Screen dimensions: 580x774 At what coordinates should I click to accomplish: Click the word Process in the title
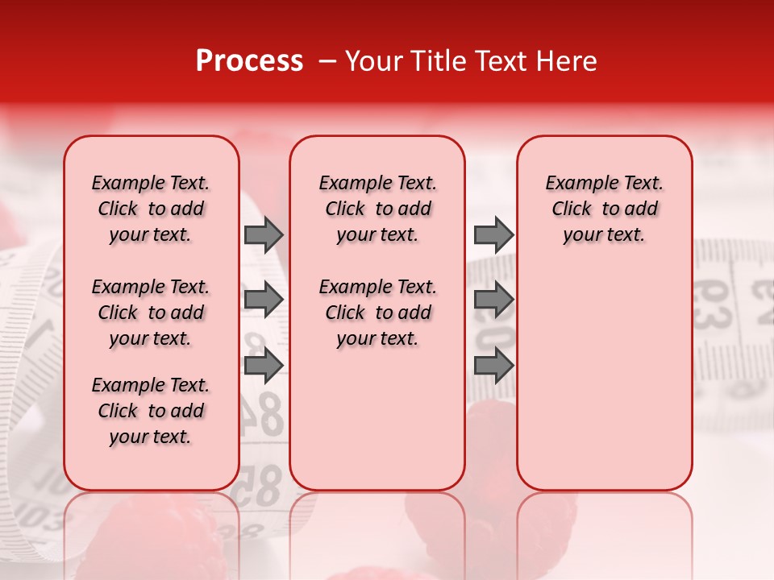pos(249,61)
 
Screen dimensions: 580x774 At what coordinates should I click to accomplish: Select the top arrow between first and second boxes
pos(264,235)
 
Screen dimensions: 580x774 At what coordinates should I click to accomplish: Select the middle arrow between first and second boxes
pos(264,299)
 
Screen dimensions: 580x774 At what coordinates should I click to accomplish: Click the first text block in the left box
pos(151,209)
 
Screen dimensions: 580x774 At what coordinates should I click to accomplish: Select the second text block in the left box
pos(151,313)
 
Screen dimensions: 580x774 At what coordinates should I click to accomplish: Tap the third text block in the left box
pos(151,411)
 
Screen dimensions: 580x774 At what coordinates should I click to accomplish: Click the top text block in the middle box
pos(377,209)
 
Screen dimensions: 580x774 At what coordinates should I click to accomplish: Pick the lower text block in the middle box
pos(377,313)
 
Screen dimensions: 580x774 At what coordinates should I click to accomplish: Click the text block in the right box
pos(604,209)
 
